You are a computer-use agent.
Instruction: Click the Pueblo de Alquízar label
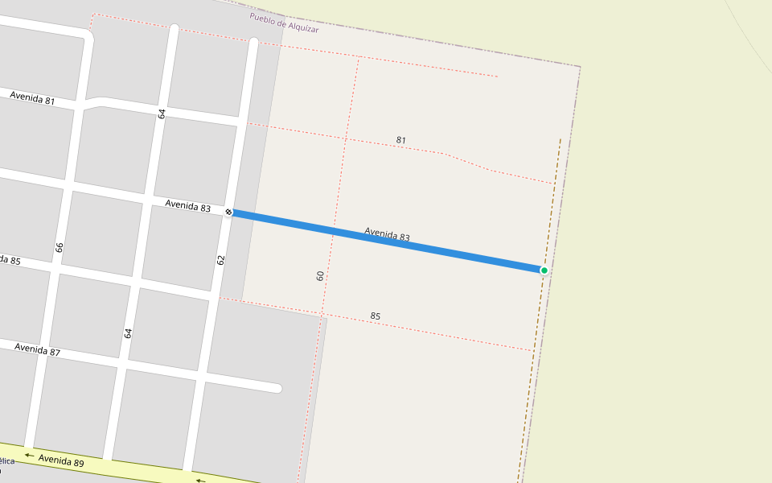pyautogui.click(x=284, y=23)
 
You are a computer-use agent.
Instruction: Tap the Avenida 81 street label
pyautogui.click(x=32, y=99)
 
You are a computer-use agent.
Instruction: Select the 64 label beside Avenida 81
pyautogui.click(x=162, y=114)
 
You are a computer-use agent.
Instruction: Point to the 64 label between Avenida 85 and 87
pyautogui.click(x=128, y=332)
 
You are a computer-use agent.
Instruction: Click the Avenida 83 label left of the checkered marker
pyautogui.click(x=187, y=206)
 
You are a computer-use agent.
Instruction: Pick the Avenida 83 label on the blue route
pyautogui.click(x=387, y=234)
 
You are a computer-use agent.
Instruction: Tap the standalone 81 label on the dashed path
pyautogui.click(x=400, y=140)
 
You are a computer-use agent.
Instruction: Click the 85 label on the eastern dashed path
pyautogui.click(x=376, y=316)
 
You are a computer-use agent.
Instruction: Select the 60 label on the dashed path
pyautogui.click(x=320, y=275)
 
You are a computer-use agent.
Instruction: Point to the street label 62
pyautogui.click(x=221, y=260)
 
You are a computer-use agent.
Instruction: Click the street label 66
pyautogui.click(x=60, y=247)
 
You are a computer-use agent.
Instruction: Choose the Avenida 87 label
pyautogui.click(x=37, y=349)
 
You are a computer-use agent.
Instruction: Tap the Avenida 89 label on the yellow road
pyautogui.click(x=61, y=460)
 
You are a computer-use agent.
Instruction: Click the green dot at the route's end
pyautogui.click(x=544, y=270)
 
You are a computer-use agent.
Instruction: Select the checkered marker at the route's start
pyautogui.click(x=229, y=212)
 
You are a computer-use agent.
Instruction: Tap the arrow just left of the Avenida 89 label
pyautogui.click(x=29, y=456)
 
